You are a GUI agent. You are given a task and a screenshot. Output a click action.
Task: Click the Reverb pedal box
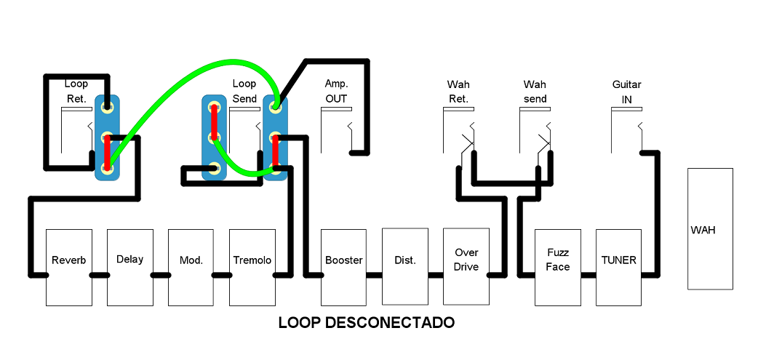tap(69, 267)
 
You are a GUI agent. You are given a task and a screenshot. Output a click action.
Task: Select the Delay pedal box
tap(130, 267)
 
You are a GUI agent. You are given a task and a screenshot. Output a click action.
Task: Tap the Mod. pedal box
tap(191, 267)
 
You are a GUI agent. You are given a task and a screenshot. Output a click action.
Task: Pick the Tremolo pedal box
tap(252, 267)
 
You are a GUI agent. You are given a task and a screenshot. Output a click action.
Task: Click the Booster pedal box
tap(344, 267)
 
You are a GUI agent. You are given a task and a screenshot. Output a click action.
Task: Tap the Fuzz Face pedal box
tap(558, 267)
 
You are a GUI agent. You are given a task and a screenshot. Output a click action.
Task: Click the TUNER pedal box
tap(619, 267)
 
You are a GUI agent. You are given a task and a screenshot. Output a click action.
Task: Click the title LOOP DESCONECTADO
tap(367, 322)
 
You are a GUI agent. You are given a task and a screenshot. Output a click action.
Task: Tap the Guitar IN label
tap(626, 92)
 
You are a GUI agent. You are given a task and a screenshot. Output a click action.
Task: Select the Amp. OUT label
tap(336, 92)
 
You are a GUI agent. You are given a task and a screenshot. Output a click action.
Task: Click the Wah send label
tap(535, 92)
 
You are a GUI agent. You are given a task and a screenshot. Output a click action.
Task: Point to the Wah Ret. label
tap(458, 92)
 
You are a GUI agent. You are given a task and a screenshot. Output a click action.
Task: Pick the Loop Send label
tap(244, 92)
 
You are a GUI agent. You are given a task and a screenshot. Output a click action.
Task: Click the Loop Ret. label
tap(76, 92)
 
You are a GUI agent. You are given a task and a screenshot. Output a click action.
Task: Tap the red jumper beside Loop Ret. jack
tap(108, 152)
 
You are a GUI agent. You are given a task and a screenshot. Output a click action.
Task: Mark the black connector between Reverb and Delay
tap(100, 275)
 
